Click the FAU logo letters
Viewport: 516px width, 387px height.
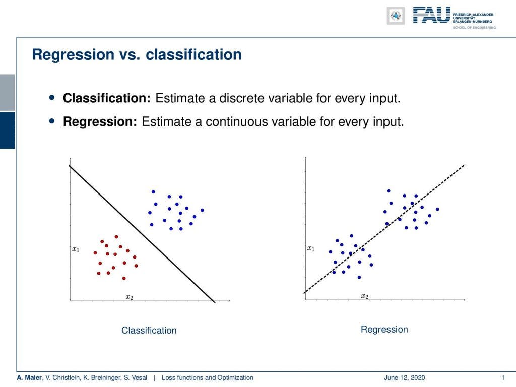(x=431, y=15)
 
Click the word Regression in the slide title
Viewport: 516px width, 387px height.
(x=73, y=55)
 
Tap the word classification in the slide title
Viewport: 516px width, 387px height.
(x=193, y=54)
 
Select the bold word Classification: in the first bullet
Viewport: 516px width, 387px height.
(x=107, y=98)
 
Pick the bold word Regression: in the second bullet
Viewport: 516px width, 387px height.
(x=100, y=122)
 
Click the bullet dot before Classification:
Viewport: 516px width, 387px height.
(x=52, y=97)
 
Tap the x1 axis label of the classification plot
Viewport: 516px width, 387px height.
(x=76, y=249)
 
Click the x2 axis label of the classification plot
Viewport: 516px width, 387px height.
(x=130, y=297)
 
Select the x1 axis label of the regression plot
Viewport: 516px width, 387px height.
(x=310, y=248)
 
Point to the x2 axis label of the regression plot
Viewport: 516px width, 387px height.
(x=365, y=296)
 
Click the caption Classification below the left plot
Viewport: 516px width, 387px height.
(x=149, y=330)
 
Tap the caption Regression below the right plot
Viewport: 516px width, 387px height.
(x=384, y=330)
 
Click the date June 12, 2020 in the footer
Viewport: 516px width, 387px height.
(x=405, y=378)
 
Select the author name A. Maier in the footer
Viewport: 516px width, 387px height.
(x=29, y=378)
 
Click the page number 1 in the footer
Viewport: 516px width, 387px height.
(x=503, y=378)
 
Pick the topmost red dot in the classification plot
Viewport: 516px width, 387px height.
(x=116, y=237)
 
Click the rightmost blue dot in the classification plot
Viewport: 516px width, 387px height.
(x=203, y=210)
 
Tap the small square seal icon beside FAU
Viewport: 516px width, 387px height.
(x=396, y=16)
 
